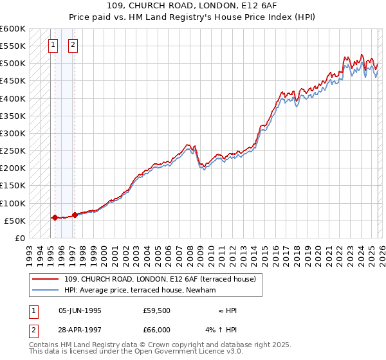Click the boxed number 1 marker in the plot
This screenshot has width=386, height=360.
pos(52,45)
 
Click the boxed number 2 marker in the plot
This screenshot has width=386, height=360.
pos(73,45)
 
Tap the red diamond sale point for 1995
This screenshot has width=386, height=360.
pos(55,217)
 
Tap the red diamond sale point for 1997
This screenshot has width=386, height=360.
pos(75,215)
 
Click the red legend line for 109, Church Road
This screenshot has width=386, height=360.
pos(45,279)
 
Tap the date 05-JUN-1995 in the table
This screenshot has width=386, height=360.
pos(80,310)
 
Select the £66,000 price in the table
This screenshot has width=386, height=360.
pos(156,329)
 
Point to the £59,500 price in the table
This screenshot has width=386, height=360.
pos(156,310)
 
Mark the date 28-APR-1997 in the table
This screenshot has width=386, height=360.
pos(80,329)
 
